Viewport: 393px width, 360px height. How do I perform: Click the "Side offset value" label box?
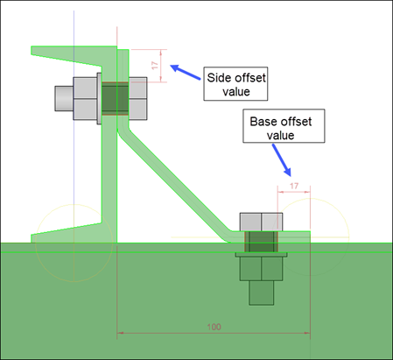235,84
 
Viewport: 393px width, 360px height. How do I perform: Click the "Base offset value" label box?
284,126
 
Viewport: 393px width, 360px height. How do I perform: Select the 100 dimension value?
214,327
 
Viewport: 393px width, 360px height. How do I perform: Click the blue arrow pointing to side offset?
186,72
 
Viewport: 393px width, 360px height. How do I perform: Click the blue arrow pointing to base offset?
282,160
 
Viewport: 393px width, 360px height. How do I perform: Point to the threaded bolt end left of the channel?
64,98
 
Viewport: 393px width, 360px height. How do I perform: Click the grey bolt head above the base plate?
261,222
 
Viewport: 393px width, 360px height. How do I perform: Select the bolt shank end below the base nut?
262,293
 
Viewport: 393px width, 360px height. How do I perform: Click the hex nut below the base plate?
261,269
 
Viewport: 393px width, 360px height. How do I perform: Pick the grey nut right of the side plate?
137,98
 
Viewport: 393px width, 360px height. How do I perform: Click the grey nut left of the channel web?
85,98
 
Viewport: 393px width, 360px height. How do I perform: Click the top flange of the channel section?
74,55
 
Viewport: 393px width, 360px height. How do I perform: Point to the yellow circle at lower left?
36,243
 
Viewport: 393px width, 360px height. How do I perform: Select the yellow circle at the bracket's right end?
349,237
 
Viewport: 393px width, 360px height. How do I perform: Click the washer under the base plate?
261,255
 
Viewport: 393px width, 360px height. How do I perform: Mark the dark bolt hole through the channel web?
115,98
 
